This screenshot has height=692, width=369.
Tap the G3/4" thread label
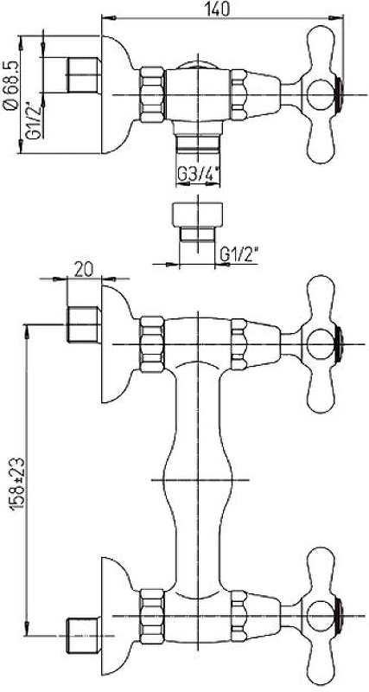(x=199, y=176)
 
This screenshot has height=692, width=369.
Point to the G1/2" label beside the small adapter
(x=239, y=254)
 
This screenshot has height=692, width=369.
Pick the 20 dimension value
(x=84, y=270)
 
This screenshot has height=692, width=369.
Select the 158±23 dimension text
(x=17, y=484)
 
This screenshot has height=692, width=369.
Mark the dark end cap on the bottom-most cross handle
(x=338, y=615)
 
